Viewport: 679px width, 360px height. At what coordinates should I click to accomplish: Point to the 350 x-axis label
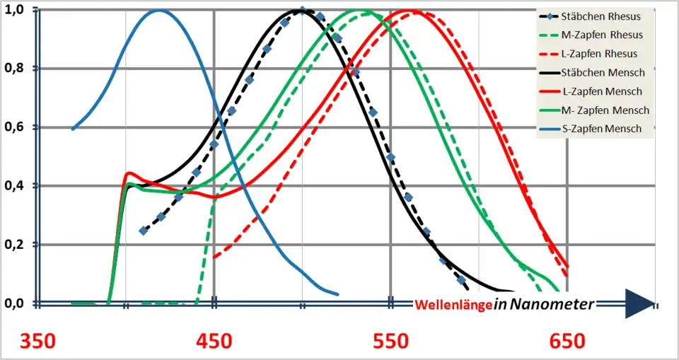pos(38,342)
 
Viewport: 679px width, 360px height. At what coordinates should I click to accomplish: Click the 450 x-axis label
pos(214,342)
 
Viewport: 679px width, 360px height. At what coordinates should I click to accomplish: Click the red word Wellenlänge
pos(453,305)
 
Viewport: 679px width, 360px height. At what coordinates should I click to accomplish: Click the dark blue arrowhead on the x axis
pos(640,303)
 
